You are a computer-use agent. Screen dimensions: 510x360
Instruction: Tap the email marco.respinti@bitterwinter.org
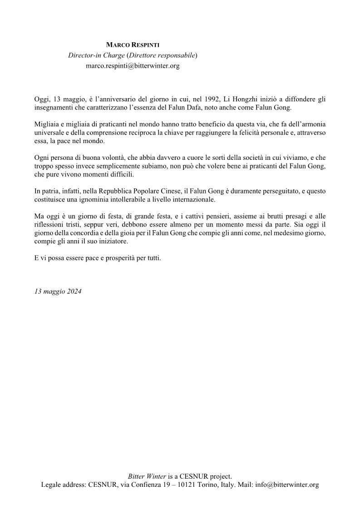(133, 66)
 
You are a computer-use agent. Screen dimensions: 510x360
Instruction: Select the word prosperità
(117, 258)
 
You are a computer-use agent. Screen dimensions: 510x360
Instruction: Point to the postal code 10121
(190, 485)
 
